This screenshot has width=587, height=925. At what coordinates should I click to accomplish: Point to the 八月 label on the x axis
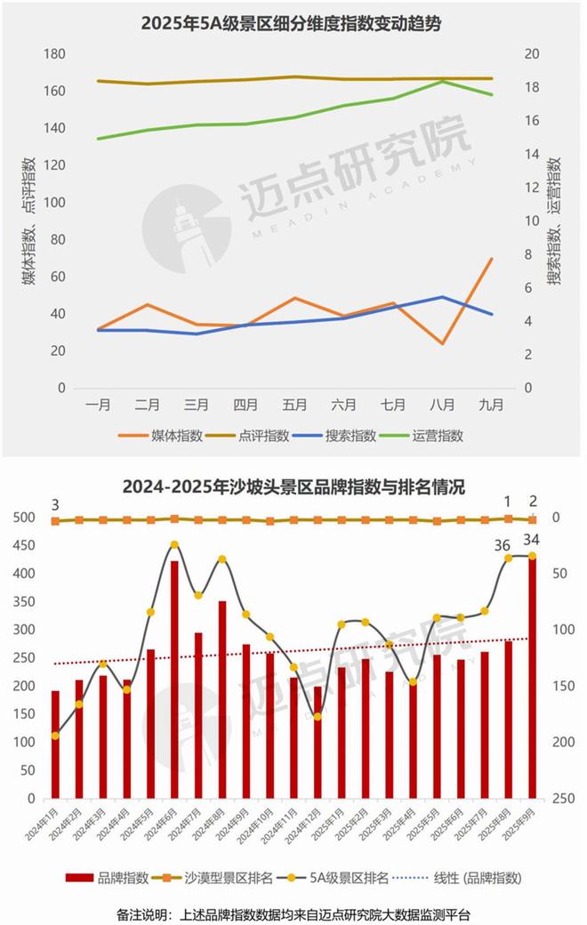tap(442, 404)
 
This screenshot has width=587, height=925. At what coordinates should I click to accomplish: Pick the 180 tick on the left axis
tap(55, 54)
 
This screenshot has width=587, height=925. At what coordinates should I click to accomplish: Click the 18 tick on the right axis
tap(532, 87)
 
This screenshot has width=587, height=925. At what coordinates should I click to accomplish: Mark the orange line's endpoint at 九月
tap(491, 259)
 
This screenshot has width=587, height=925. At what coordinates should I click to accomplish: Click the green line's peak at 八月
tap(442, 81)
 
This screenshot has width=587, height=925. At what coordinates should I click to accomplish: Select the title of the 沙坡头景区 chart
tap(293, 487)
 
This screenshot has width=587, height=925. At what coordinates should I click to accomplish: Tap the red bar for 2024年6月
tap(174, 676)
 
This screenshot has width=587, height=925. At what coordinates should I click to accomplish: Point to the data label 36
tap(502, 545)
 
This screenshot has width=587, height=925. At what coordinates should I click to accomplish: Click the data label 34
tap(530, 540)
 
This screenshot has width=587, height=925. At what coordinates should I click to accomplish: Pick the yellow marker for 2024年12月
tap(318, 716)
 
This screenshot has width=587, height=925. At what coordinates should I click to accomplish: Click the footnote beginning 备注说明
tap(293, 913)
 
